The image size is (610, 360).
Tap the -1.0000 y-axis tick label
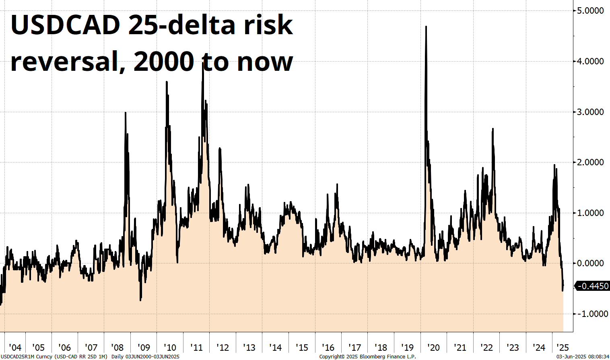tap(590, 314)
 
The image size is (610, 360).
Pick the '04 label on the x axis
tap(15, 348)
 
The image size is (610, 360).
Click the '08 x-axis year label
tap(117, 348)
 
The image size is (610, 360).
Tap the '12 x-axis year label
tap(223, 348)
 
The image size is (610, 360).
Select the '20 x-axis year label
tap(433, 348)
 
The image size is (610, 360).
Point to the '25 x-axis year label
tap(563, 348)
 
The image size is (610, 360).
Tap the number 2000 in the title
tap(164, 62)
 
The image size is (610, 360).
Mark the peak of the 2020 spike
tap(426, 27)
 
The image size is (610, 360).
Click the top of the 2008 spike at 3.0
tap(125, 113)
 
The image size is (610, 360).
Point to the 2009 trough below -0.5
tap(140, 300)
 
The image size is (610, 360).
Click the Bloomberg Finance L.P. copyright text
tap(368, 356)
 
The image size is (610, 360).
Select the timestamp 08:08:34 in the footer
tap(598, 356)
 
